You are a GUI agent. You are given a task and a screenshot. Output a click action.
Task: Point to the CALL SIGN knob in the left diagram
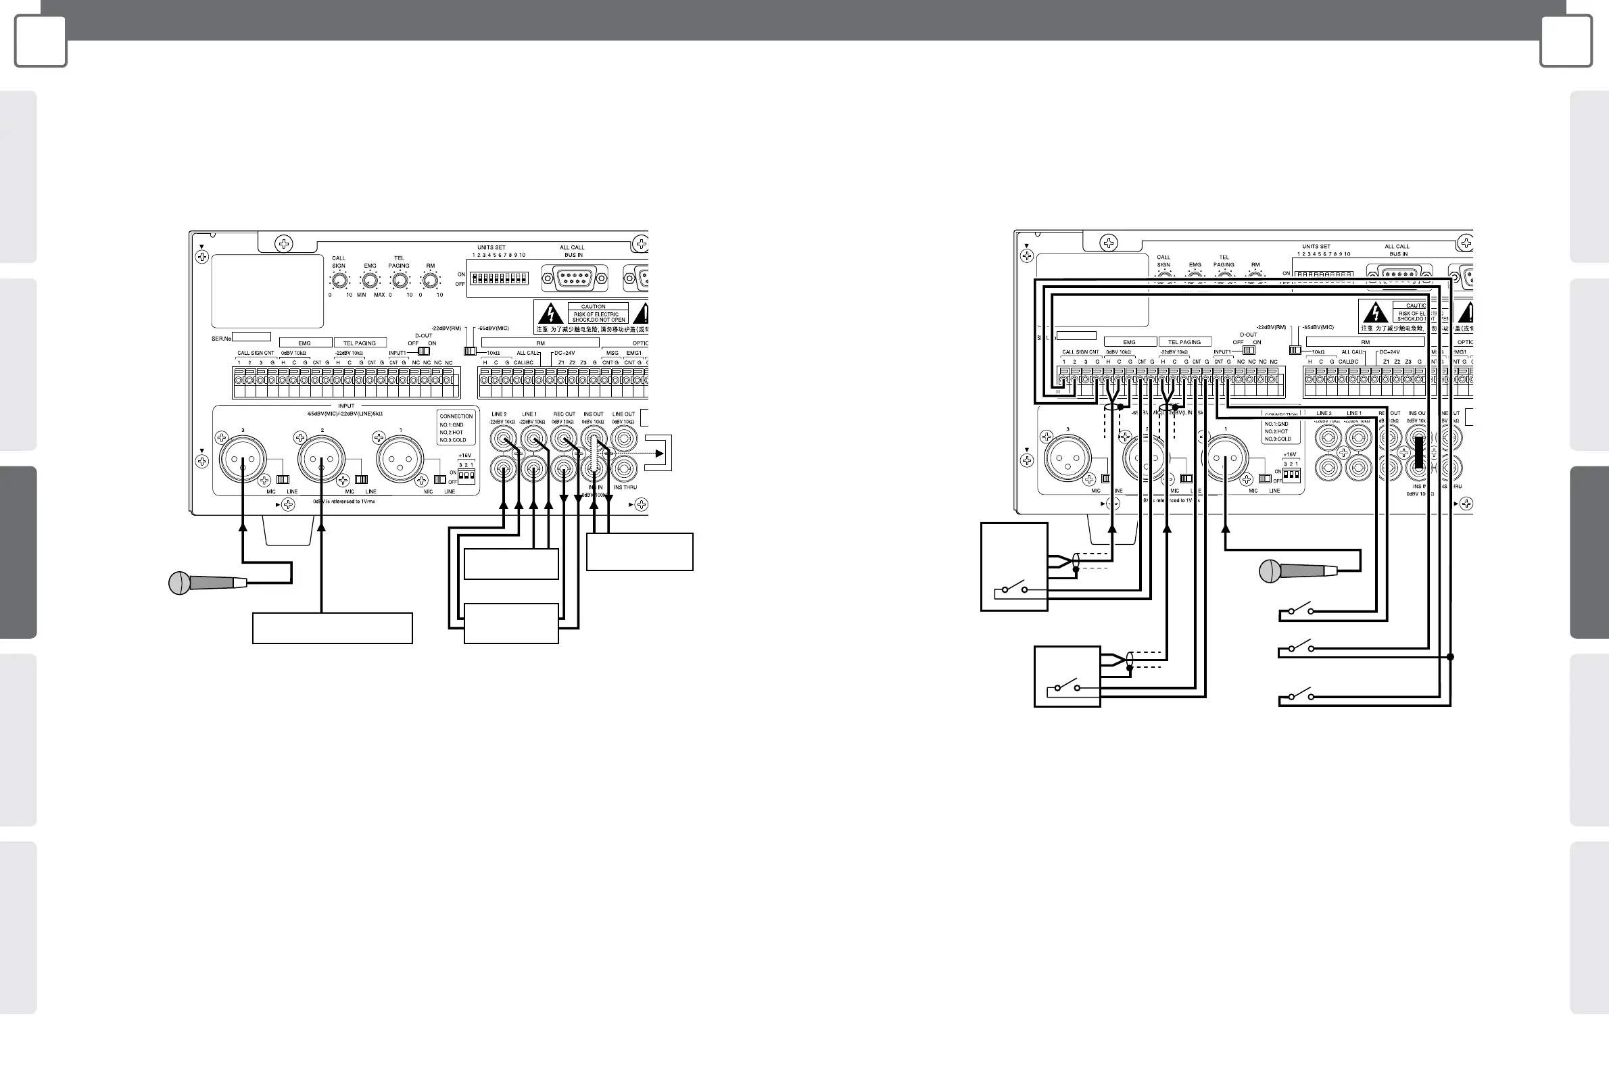[339, 281]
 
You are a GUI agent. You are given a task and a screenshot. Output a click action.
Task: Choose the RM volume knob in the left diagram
[430, 281]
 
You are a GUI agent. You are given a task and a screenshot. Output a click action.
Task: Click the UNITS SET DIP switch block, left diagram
[499, 278]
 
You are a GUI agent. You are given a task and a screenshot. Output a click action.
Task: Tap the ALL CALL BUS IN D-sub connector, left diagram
[575, 278]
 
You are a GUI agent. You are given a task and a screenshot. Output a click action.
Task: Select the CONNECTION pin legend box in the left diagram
[456, 427]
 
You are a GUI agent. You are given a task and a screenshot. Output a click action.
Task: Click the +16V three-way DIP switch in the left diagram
[466, 474]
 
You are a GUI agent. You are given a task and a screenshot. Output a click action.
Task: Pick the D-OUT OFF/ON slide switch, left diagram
[423, 351]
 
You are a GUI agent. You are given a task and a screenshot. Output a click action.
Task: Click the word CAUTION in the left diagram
[593, 306]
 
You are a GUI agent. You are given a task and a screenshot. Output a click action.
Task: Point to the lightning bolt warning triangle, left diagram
[550, 314]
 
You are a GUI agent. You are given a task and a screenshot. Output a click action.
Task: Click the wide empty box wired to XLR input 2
[333, 629]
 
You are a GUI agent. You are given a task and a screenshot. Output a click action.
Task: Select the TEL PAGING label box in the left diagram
[360, 343]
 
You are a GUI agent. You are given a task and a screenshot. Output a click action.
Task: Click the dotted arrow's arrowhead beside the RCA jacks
[659, 453]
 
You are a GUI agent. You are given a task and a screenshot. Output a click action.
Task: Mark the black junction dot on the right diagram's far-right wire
[1450, 657]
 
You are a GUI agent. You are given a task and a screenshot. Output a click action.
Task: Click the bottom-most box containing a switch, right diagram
[1067, 676]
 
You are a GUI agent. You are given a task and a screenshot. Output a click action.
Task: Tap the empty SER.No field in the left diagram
[251, 337]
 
